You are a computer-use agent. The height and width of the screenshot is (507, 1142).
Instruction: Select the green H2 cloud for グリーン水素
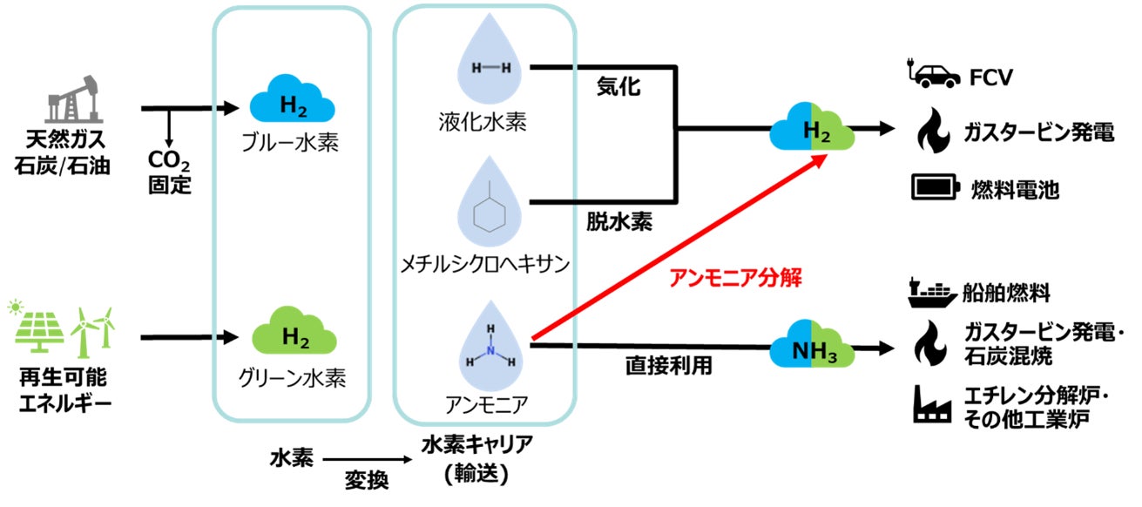coord(293,335)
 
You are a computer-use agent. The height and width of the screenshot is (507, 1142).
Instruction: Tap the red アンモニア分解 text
coord(733,279)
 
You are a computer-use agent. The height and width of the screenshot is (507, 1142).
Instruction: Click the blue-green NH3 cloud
coord(811,348)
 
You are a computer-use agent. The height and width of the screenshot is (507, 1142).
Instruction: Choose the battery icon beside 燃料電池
coord(935,186)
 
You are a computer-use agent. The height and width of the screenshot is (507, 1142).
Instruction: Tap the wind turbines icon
coord(91,328)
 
